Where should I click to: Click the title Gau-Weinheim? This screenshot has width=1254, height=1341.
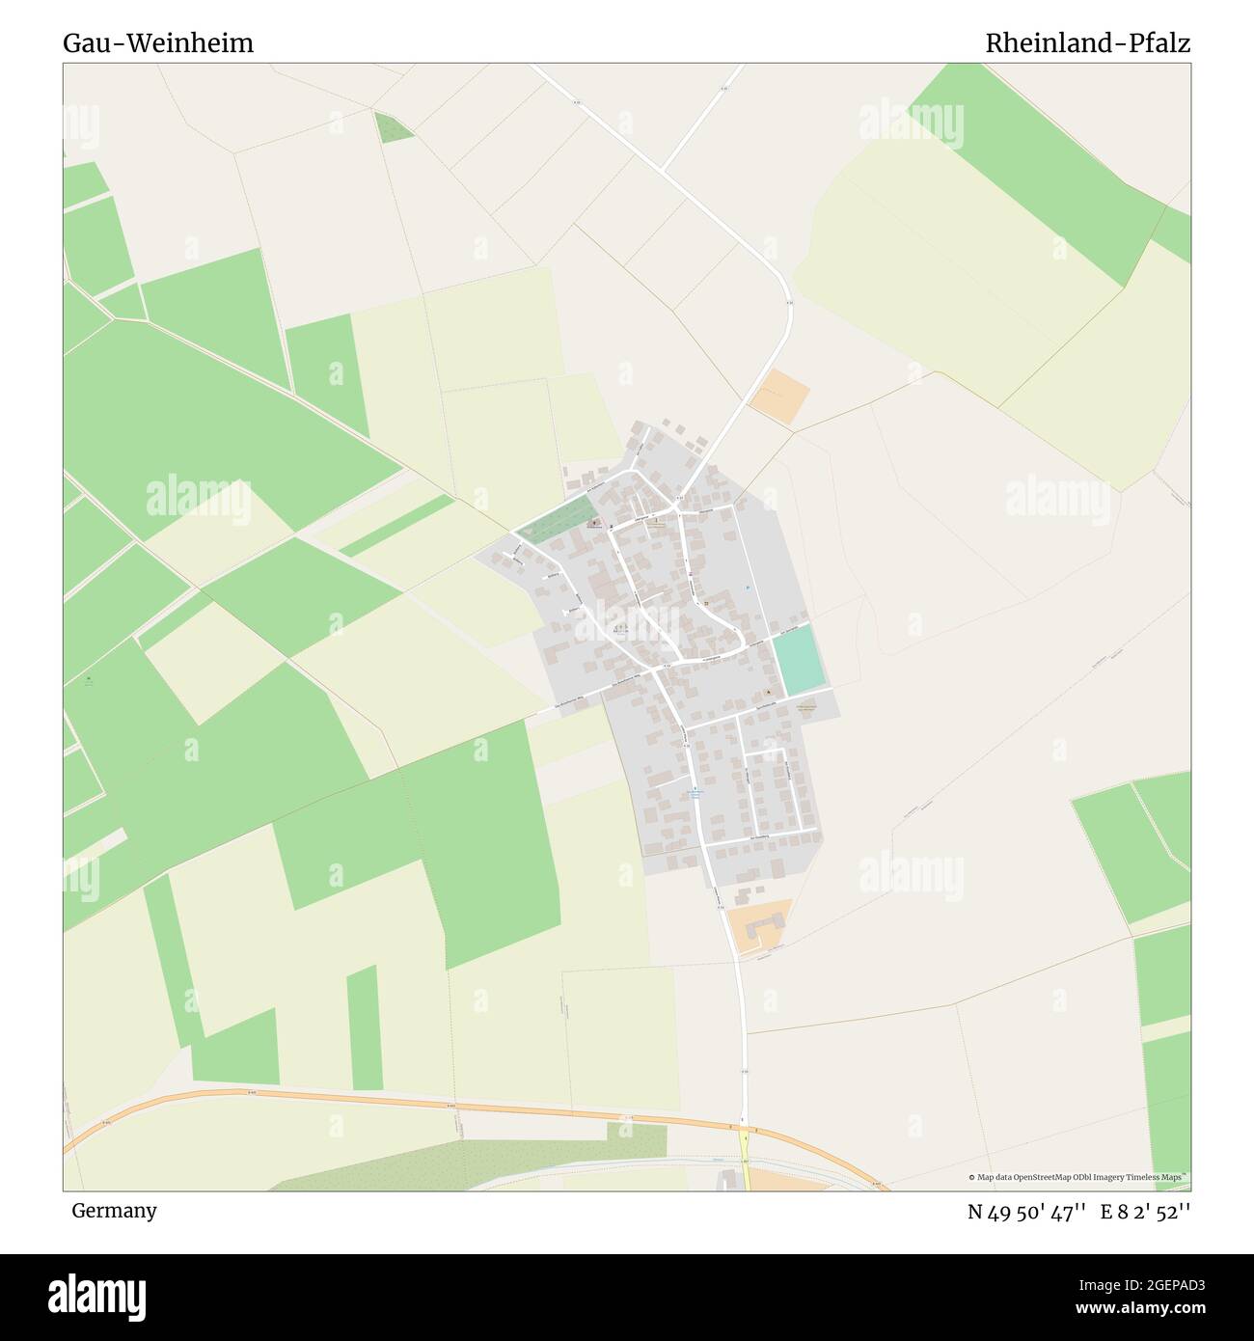pyautogui.click(x=158, y=43)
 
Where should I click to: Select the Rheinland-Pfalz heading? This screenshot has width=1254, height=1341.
pyautogui.click(x=1087, y=43)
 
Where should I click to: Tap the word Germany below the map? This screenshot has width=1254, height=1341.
pyautogui.click(x=114, y=1211)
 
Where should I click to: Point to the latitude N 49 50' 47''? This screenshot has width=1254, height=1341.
pyautogui.click(x=1028, y=1212)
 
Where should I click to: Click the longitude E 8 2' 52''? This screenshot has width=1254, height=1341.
pyautogui.click(x=1145, y=1212)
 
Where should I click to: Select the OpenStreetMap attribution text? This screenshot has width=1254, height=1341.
pyautogui.click(x=1078, y=1177)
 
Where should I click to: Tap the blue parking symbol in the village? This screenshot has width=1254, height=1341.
pyautogui.click(x=747, y=589)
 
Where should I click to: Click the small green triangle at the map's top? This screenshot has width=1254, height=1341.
pyautogui.click(x=393, y=127)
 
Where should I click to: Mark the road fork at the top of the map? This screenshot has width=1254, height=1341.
pyautogui.click(x=663, y=171)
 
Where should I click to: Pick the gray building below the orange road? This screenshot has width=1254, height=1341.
pyautogui.click(x=728, y=1180)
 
